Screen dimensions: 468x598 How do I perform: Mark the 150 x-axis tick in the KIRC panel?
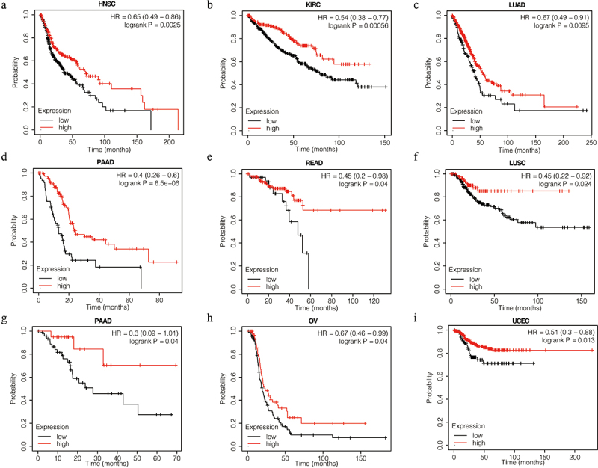click(386, 141)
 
